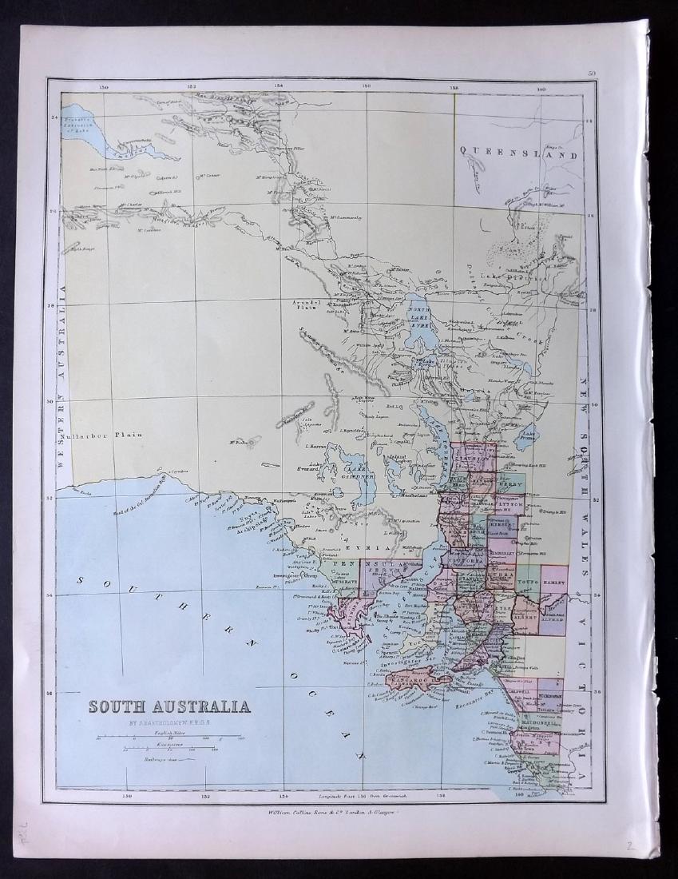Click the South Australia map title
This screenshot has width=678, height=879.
coord(169,706)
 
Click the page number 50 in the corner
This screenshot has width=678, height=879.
coord(591,74)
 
